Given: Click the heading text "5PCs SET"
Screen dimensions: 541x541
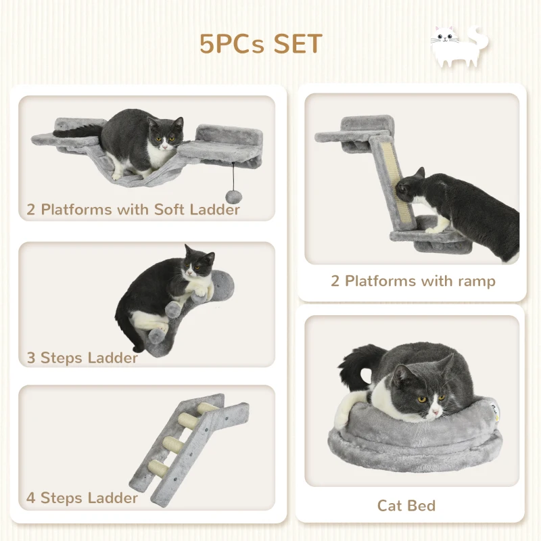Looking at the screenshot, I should pos(260,43).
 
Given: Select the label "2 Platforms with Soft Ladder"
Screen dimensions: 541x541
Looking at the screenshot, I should pos(133,209).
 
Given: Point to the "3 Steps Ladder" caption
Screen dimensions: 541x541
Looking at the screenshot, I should pos(82,357).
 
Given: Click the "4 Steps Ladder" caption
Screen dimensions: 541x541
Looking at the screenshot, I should pos(82,498).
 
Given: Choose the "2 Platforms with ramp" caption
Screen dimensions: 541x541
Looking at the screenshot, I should pos(413,281).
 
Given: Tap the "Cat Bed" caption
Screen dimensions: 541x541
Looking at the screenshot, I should pos(406,505).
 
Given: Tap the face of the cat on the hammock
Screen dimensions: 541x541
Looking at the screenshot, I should pos(165,134).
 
